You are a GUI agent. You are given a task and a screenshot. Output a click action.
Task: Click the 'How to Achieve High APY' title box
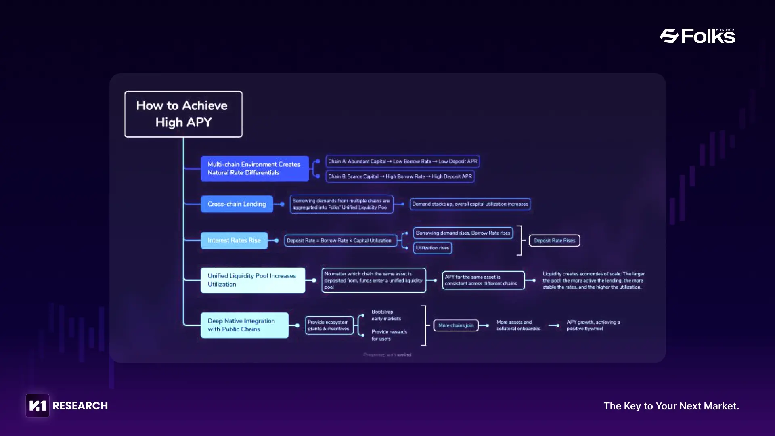(183, 114)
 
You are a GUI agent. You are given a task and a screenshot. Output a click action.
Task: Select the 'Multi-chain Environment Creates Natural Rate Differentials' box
(254, 168)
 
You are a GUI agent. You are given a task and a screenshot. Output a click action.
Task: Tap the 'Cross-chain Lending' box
(237, 204)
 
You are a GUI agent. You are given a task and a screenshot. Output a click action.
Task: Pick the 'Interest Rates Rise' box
(234, 241)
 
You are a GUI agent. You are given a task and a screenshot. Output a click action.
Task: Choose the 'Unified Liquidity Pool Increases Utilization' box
(253, 280)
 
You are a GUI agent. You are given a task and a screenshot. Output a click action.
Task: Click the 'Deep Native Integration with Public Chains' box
(244, 325)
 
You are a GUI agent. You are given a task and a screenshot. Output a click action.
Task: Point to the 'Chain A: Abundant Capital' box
(402, 161)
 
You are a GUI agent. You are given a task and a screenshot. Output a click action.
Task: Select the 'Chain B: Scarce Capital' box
(400, 176)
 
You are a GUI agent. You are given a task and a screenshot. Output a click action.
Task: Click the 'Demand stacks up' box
(470, 204)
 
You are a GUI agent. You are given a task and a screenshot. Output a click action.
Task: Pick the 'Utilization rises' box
(432, 248)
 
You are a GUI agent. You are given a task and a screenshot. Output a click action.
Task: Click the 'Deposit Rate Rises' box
(554, 241)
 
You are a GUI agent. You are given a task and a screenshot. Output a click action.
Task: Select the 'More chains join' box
(456, 325)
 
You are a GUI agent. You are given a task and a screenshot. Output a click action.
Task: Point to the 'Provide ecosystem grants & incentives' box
(329, 325)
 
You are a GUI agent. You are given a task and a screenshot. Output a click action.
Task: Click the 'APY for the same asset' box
(483, 280)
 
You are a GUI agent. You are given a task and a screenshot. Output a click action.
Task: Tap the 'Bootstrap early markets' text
(386, 315)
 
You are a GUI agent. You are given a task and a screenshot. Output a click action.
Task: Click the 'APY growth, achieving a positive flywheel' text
(593, 325)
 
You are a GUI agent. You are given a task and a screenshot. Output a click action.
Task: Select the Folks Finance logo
(697, 36)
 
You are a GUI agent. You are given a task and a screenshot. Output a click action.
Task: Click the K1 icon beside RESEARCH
(38, 405)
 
